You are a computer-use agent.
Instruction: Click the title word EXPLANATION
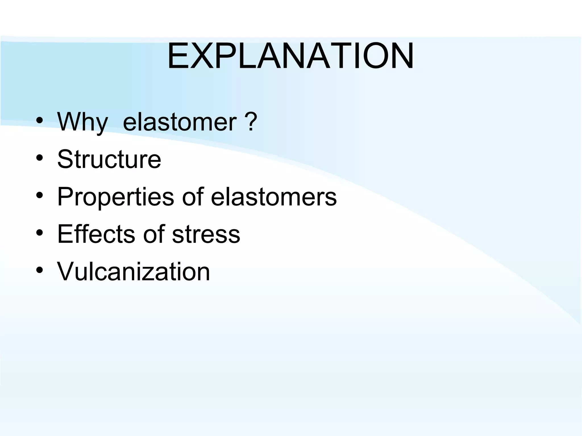(x=290, y=56)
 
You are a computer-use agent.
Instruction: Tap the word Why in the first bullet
(x=82, y=122)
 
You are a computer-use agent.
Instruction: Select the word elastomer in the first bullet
(x=180, y=122)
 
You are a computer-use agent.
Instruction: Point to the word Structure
(x=109, y=159)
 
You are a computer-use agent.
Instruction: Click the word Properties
(x=115, y=197)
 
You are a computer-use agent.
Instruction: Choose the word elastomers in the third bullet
(x=274, y=197)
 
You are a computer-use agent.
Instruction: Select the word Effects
(x=96, y=234)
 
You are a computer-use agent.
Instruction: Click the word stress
(x=206, y=234)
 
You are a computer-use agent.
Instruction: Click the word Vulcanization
(x=134, y=272)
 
